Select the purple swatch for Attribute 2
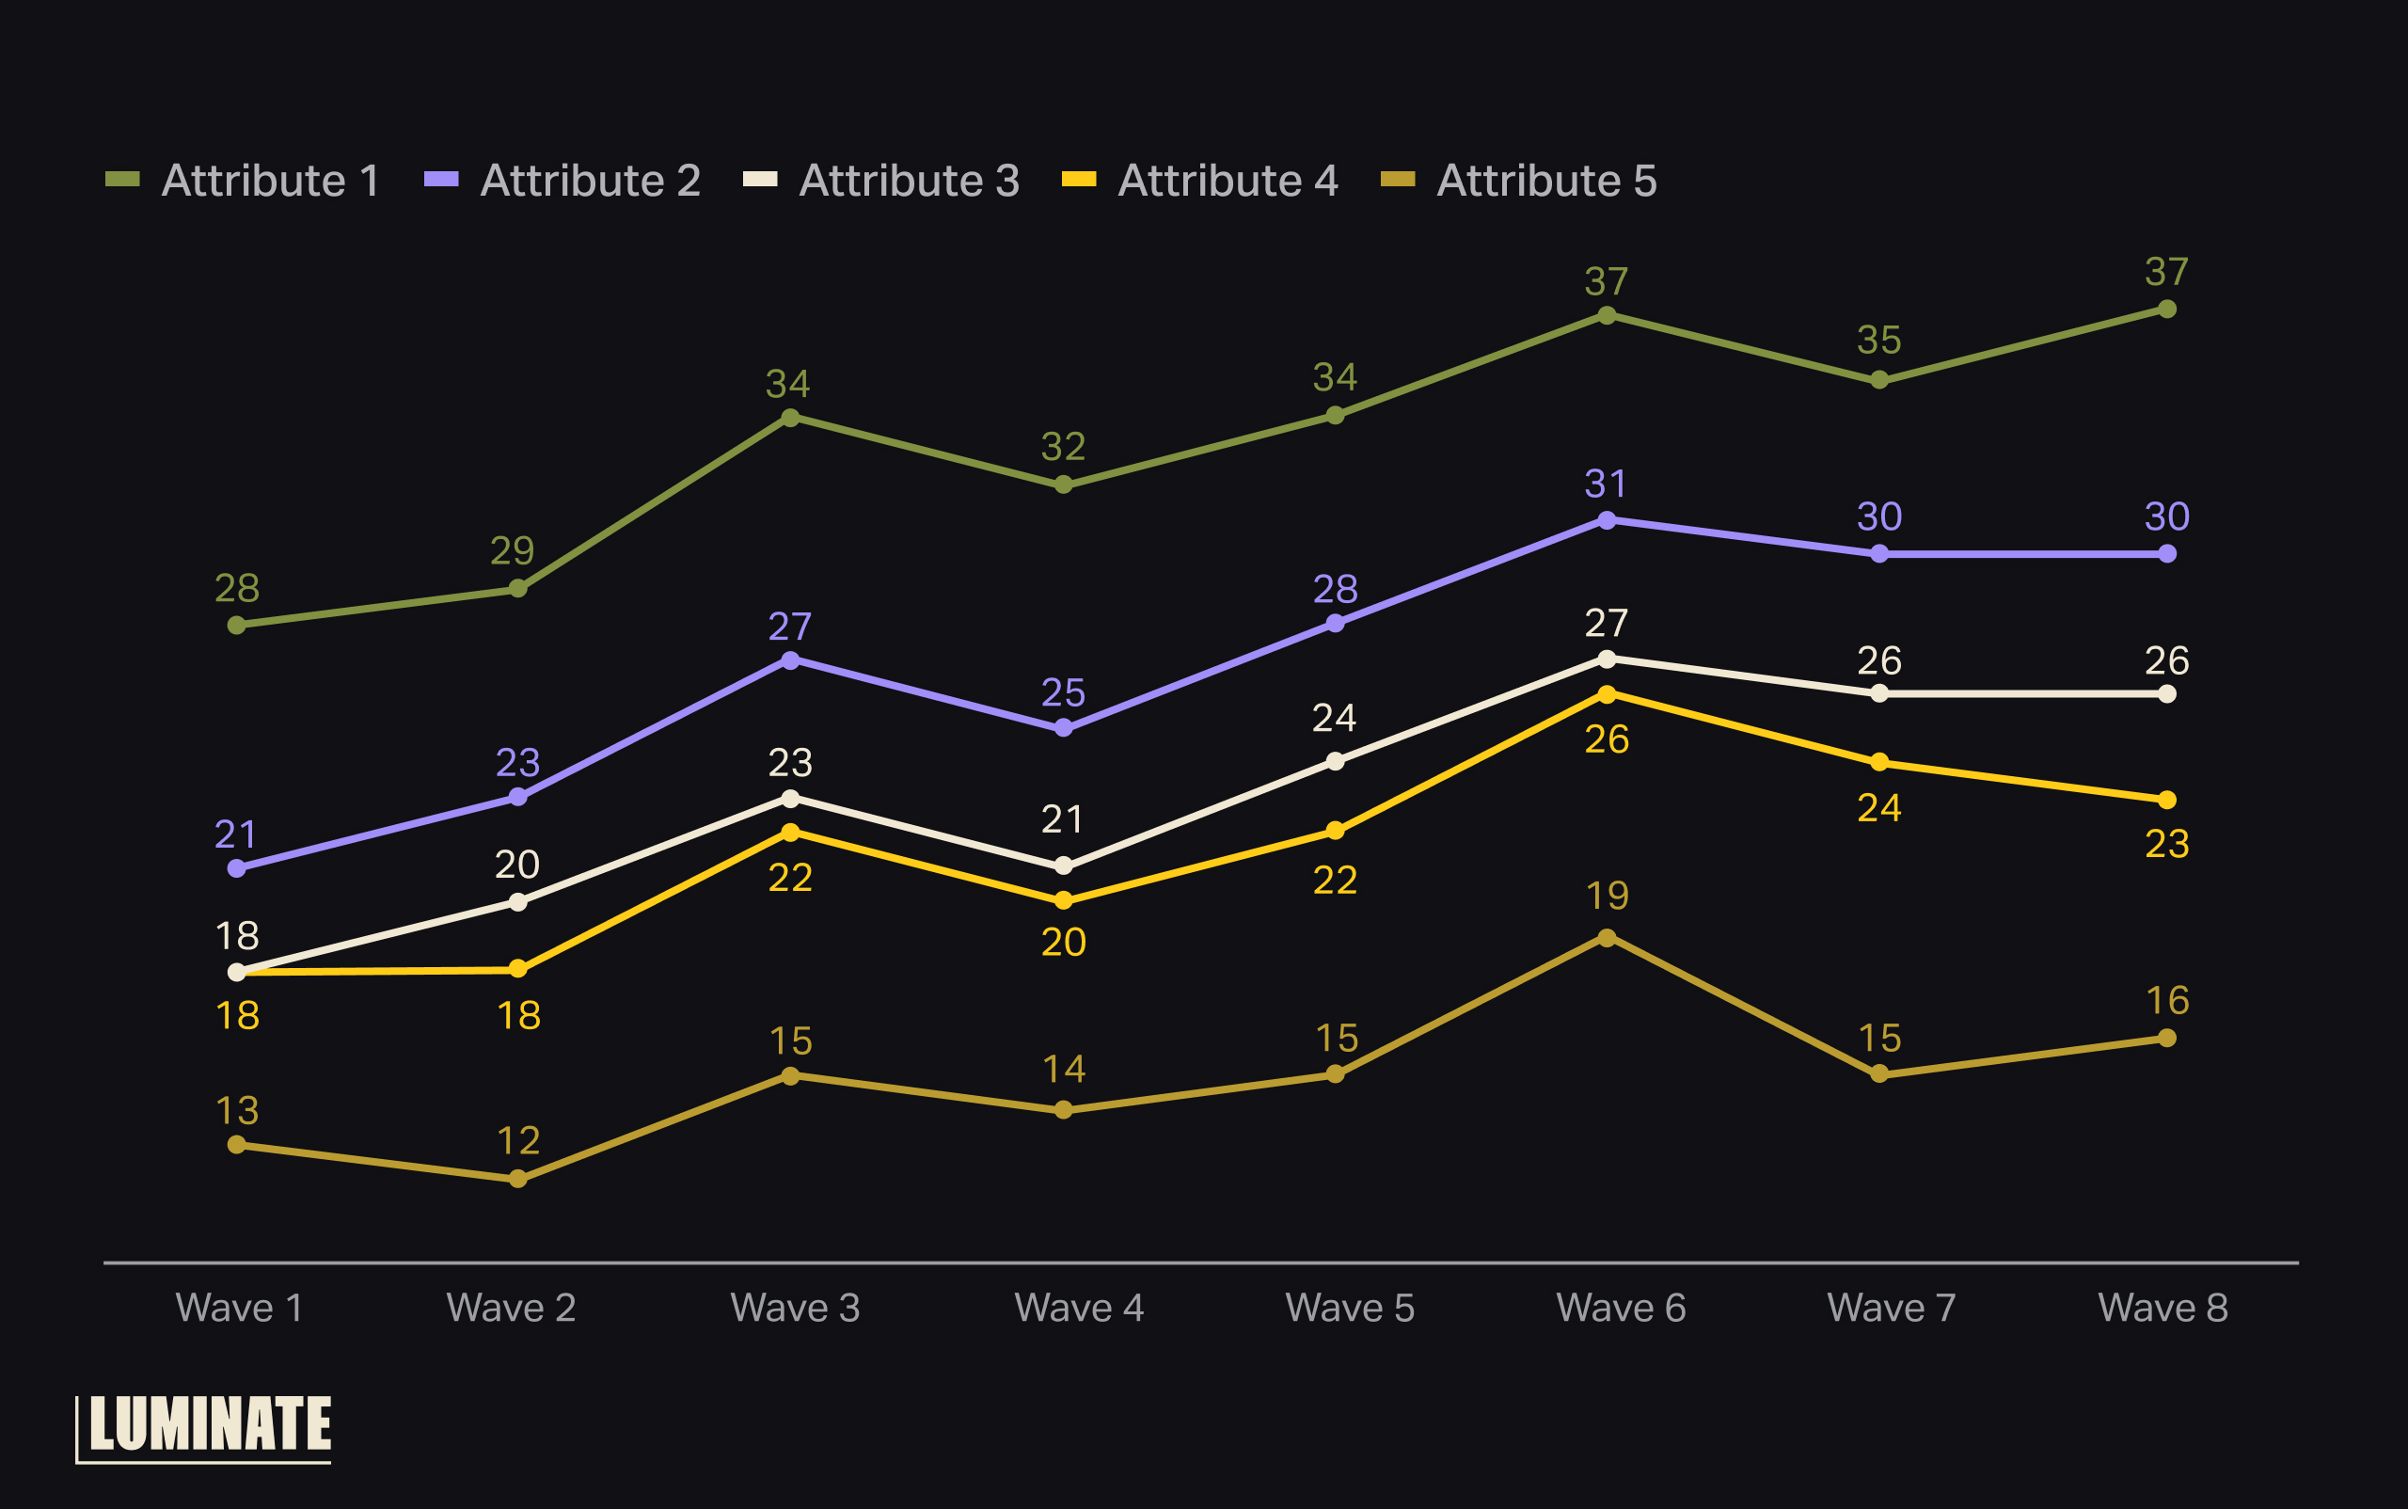tap(441, 180)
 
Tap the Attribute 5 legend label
tap(1545, 181)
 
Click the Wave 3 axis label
tap(794, 1308)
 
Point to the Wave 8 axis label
tap(2162, 1308)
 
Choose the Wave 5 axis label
tap(1349, 1308)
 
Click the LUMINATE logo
tap(204, 1426)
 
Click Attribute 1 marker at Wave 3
tap(790, 418)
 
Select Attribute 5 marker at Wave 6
tap(1607, 937)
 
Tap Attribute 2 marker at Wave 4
tap(1064, 728)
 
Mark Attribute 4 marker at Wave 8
tap(2166, 800)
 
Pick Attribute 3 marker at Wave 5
tap(1336, 761)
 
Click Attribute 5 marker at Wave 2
tap(518, 1179)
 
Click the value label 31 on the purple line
tap(1606, 484)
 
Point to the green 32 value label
tap(1063, 447)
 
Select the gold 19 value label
tap(1607, 897)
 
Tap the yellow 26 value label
tap(1607, 739)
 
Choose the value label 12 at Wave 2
tap(518, 1141)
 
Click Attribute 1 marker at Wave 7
tap(1879, 380)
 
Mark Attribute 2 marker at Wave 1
tap(236, 868)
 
